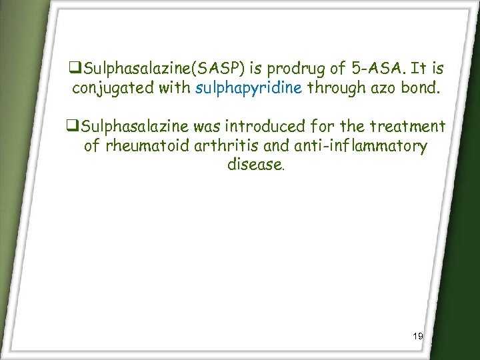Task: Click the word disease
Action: click(x=255, y=164)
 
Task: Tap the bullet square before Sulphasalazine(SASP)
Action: click(x=73, y=69)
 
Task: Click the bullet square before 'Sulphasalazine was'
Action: click(x=73, y=126)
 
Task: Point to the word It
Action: click(x=420, y=69)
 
